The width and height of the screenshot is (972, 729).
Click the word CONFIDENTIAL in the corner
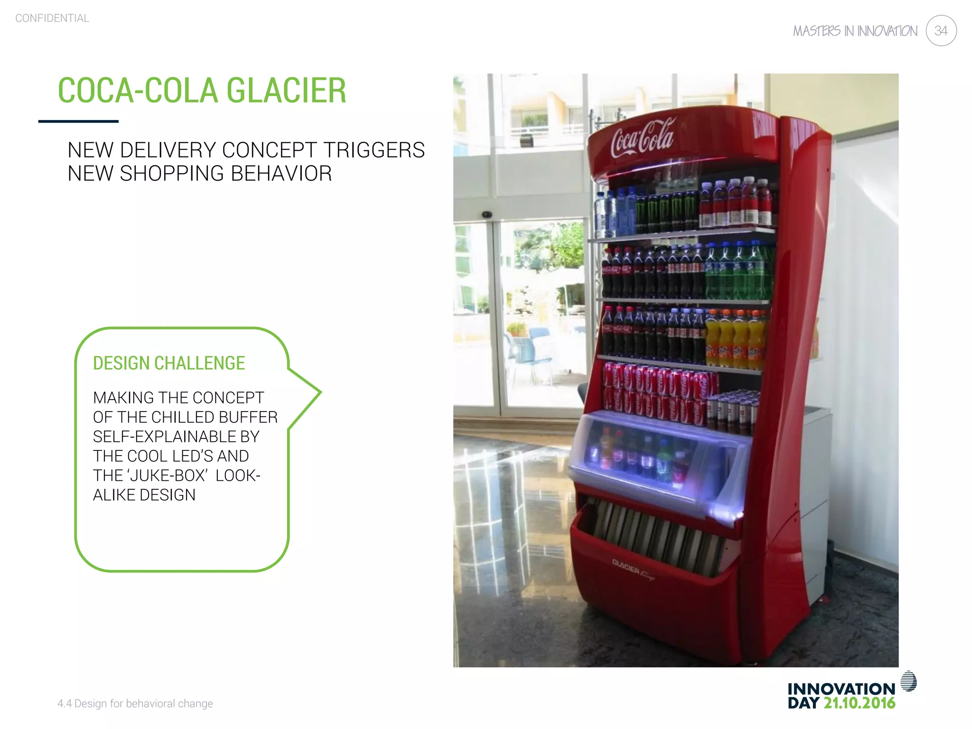(52, 19)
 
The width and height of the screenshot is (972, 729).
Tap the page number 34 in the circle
(941, 31)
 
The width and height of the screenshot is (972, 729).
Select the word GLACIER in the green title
(286, 91)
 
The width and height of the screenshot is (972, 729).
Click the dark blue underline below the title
(78, 121)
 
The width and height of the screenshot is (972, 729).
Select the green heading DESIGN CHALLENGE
(169, 363)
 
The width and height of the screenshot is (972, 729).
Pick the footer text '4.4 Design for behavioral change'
(135, 703)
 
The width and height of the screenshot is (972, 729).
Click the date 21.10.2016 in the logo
(859, 703)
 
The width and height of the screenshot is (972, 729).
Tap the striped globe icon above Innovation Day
(908, 681)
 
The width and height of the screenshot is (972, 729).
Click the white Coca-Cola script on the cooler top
(642, 138)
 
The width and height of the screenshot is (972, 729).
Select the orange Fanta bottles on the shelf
(735, 339)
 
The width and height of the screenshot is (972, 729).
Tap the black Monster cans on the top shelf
(667, 211)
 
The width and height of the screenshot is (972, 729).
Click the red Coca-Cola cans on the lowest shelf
(657, 392)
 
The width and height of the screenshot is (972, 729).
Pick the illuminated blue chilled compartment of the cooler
(660, 458)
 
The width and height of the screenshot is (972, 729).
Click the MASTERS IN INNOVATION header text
(855, 31)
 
